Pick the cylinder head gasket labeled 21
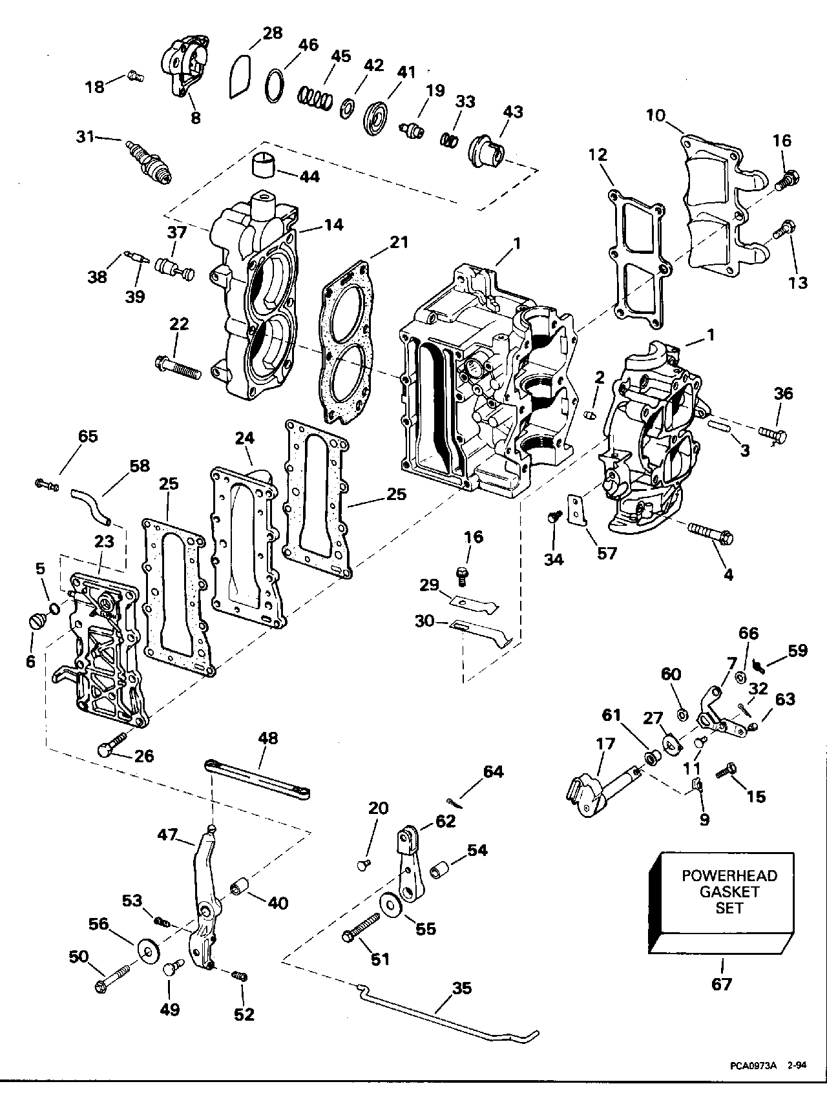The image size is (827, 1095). point(348,342)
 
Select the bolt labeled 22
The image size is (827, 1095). point(179,368)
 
